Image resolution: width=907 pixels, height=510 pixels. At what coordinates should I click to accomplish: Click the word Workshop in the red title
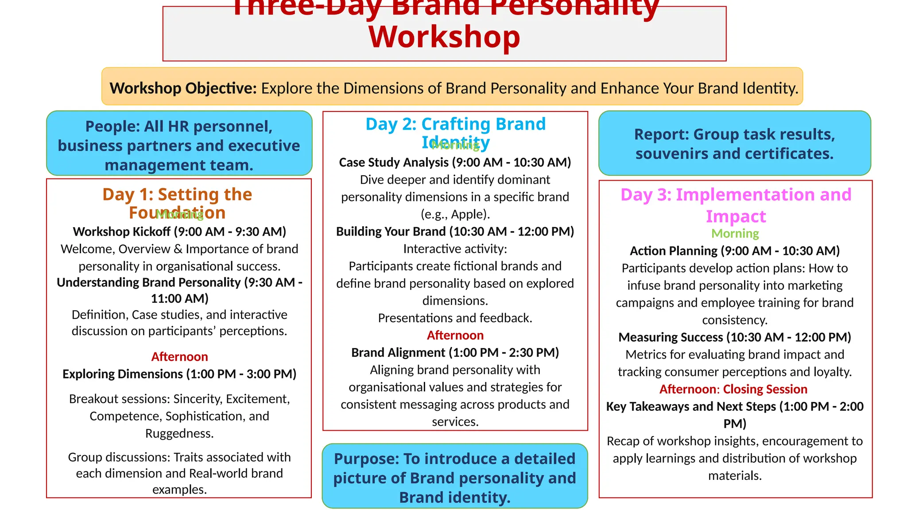tap(444, 37)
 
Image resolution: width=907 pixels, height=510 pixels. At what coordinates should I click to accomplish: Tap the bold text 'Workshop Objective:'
tap(183, 88)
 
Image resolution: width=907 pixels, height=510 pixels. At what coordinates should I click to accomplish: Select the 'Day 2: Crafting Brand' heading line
tap(455, 124)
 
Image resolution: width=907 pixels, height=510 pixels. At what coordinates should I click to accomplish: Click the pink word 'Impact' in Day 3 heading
tap(736, 216)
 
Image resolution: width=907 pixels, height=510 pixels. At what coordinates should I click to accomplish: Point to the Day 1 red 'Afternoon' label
tap(179, 357)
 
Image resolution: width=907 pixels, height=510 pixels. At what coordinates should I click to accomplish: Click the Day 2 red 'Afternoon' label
tap(455, 335)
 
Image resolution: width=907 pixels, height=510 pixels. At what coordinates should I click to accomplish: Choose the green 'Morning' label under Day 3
tap(735, 233)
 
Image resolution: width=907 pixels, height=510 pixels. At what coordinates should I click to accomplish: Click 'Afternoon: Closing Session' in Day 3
tap(733, 389)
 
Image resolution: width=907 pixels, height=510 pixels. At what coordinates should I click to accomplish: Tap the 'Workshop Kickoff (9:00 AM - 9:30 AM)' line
tap(179, 232)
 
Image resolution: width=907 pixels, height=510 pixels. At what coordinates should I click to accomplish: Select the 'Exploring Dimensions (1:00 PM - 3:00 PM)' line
tap(179, 374)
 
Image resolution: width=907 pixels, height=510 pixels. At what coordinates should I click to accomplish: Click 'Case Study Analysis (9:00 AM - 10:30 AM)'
tap(455, 162)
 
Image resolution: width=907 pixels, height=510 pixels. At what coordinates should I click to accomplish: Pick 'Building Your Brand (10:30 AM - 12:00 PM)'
tap(455, 232)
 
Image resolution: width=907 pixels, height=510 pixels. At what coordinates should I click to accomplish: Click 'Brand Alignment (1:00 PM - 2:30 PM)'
tap(455, 352)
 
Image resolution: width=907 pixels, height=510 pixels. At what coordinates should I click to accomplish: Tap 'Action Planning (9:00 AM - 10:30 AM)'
tap(735, 251)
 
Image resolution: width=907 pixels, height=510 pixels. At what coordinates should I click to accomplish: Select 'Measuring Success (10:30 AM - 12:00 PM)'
tap(735, 337)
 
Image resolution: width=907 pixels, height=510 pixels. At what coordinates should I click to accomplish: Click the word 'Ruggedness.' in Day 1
tap(179, 433)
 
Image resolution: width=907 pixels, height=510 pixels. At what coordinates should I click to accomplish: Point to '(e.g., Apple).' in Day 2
tap(455, 214)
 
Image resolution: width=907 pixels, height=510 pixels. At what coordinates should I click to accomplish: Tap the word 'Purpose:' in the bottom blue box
tap(366, 459)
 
